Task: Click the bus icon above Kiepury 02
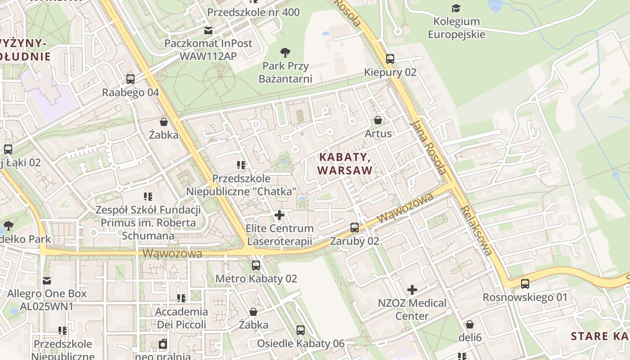390,59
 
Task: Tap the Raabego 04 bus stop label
130,93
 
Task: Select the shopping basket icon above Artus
378,120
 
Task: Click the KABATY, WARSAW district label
345,164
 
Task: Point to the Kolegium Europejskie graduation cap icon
456,8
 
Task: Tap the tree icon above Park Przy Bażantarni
285,53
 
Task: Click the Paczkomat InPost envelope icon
208,31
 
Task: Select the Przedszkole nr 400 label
253,12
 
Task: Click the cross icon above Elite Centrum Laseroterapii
279,215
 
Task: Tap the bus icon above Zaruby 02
355,228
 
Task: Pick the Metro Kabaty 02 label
256,279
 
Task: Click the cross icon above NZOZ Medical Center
412,290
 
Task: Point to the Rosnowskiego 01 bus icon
525,284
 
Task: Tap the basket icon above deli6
470,324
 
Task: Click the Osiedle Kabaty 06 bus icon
301,330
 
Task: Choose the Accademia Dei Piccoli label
181,318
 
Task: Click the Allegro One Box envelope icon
47,281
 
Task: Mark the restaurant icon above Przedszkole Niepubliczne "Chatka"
241,165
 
